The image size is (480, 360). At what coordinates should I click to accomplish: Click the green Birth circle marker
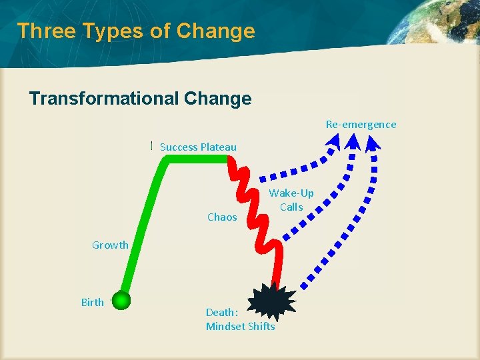point(121,301)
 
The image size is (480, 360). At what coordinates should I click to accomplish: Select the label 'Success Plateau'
point(198,147)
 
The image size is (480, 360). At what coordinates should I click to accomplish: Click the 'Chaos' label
point(222,217)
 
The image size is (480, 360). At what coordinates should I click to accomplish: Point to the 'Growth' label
point(110,245)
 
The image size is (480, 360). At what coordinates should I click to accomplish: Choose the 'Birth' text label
point(92,302)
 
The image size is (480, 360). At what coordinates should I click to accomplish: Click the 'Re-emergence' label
point(361,124)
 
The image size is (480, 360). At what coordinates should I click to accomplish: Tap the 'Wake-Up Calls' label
point(291,200)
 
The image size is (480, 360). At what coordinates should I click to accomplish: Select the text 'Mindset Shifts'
point(240,326)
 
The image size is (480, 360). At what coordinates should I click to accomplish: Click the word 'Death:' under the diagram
point(222,312)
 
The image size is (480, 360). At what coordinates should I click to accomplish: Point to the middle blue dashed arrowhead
point(353,141)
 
